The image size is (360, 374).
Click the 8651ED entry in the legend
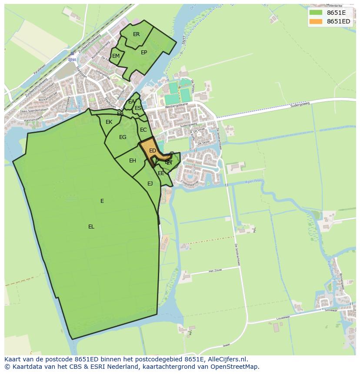(338, 21)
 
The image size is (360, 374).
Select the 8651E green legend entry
(336, 12)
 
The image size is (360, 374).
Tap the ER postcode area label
(137, 34)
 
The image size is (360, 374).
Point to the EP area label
(144, 53)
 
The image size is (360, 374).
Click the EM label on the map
(116, 56)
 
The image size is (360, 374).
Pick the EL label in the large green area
(91, 227)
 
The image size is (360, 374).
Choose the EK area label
(109, 122)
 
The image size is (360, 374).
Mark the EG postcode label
(123, 137)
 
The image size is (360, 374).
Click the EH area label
(133, 161)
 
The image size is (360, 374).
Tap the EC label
(143, 130)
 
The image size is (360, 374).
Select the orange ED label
(153, 151)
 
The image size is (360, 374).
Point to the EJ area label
(150, 184)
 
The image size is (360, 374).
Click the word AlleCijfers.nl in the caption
(226, 359)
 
